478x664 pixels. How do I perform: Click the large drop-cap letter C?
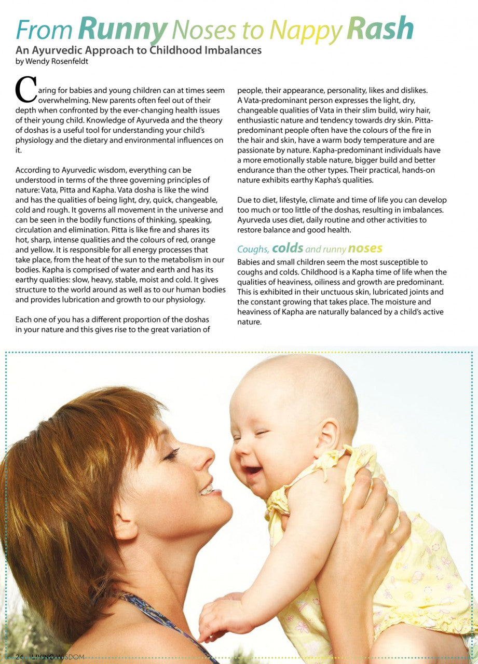coord(26,90)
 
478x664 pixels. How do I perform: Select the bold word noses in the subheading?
coord(365,248)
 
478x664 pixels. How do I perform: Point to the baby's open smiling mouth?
coord(254,471)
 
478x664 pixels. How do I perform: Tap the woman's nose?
coord(206,459)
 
